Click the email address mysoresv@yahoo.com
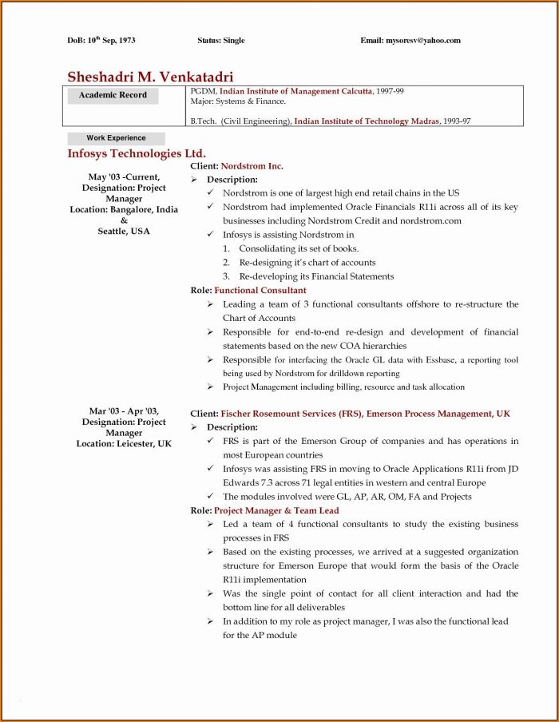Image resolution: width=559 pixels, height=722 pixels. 422,41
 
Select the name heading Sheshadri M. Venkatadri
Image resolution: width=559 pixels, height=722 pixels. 150,77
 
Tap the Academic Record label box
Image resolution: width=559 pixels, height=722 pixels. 113,96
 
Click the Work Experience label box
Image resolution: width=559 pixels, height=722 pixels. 116,138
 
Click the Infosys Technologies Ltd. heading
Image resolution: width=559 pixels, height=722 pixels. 137,153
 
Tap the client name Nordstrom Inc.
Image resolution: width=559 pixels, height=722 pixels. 252,166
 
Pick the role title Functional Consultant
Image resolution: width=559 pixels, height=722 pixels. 260,290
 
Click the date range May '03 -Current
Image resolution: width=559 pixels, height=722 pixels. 124,177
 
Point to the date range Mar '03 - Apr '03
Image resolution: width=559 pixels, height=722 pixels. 124,411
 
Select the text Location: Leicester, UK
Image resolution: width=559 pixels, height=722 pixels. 124,443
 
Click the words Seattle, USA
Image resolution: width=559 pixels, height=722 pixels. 124,231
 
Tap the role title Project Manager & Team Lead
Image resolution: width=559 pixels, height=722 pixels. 276,510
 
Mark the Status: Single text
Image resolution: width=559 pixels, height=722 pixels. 221,41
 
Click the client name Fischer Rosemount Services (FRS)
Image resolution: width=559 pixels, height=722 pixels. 291,414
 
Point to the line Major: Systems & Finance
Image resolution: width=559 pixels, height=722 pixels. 238,101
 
